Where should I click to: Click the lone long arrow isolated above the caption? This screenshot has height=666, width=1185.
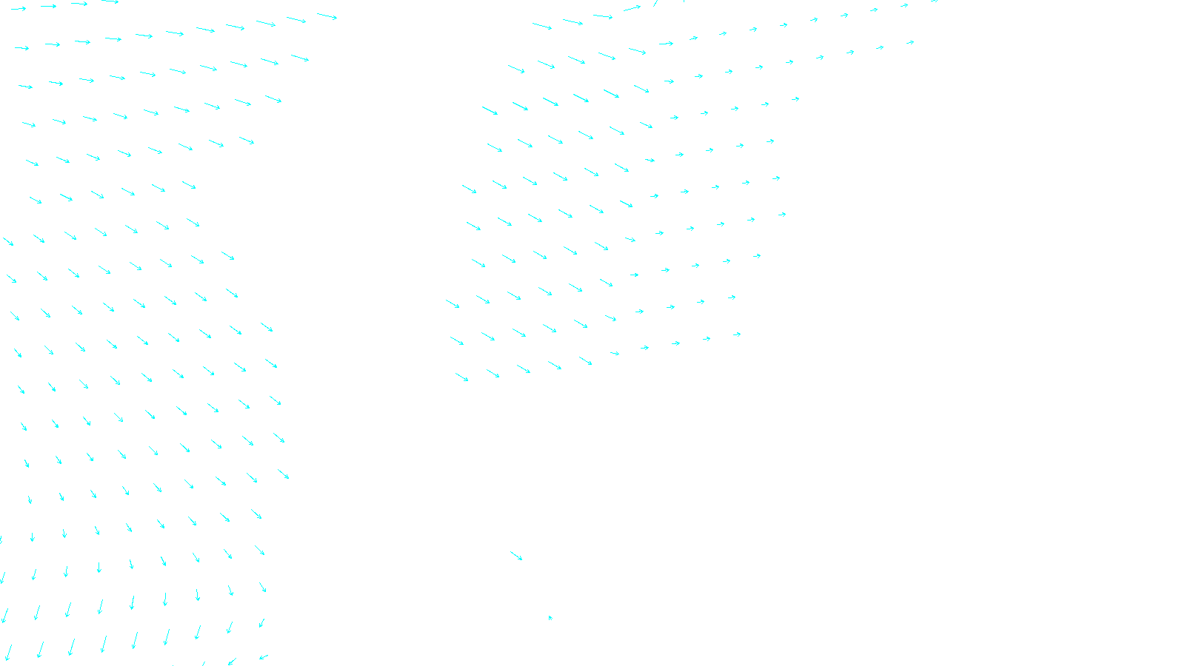tap(516, 556)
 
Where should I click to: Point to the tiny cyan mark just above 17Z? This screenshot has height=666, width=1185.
tap(550, 617)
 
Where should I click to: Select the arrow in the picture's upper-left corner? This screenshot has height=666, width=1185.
tap(19, 9)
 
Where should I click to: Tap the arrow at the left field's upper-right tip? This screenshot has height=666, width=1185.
tap(327, 16)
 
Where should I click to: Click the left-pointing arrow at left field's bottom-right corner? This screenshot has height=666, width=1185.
tap(264, 656)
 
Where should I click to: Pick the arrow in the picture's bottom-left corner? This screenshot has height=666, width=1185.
tap(8, 653)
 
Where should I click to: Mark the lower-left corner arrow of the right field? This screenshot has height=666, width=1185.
tap(462, 377)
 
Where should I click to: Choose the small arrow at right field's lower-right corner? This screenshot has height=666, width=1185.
tap(737, 334)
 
